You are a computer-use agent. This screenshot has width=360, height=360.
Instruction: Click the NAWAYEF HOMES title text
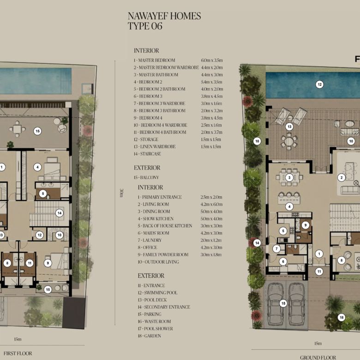(x=164, y=16)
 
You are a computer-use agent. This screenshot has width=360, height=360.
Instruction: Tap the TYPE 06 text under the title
(x=145, y=26)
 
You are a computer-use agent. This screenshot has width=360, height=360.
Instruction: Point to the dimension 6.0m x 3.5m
(x=212, y=60)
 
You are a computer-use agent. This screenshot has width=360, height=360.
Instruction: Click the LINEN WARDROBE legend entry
(x=156, y=147)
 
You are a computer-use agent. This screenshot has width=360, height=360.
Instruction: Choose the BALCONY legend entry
(x=147, y=178)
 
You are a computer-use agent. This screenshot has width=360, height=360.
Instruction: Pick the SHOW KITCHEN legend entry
(x=155, y=219)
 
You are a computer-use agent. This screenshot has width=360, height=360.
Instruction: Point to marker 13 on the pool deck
(x=289, y=126)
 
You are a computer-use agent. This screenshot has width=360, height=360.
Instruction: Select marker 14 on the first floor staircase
(x=60, y=213)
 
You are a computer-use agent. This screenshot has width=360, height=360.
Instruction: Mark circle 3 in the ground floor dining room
(x=289, y=177)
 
